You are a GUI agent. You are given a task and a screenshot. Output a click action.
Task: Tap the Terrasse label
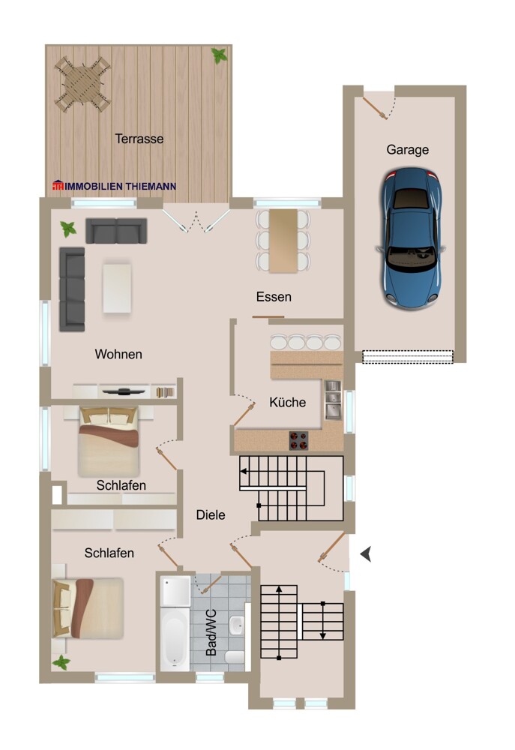pos(139,139)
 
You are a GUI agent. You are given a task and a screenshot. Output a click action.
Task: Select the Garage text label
pos(408,149)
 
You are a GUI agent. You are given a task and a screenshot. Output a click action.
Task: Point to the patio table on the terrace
pos(81,83)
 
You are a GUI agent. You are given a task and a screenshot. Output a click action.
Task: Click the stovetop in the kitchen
pos(298,440)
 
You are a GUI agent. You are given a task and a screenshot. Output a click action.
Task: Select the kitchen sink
pos(332,400)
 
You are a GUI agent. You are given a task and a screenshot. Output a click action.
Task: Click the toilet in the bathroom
pos(235,658)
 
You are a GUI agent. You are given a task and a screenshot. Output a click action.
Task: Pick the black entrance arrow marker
pos(367,554)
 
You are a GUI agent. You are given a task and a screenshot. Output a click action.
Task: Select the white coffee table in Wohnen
pos(117,287)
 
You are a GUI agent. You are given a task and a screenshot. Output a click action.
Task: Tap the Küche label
pos(287,403)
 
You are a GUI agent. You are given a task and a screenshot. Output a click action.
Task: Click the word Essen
pos(274,297)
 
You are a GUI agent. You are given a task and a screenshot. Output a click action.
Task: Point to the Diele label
pos(211,514)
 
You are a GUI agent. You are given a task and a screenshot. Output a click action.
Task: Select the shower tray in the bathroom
pos(175,592)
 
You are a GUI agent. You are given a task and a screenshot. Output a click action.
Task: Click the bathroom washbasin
pos(237,623)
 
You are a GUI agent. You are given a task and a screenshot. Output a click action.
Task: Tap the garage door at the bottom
pos(408,357)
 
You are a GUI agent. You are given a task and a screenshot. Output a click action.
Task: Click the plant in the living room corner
pos(67,229)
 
